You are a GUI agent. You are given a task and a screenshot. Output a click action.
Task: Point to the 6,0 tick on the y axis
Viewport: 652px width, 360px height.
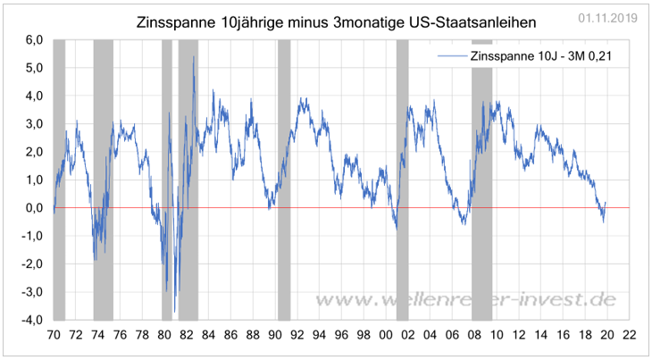pos(33,40)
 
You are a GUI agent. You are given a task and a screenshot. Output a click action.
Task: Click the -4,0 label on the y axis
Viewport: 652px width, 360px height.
pos(31,319)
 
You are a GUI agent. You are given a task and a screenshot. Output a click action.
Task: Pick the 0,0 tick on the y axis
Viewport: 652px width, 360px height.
pos(33,207)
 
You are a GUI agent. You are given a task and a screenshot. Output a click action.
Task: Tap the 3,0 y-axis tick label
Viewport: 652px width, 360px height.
pos(33,124)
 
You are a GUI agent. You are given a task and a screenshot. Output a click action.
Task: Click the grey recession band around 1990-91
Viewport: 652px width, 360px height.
pos(284,179)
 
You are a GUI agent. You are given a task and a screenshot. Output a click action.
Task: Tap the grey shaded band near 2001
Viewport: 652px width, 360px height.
pos(402,179)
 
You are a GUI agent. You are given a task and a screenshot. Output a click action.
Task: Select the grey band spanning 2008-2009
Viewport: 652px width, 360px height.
pos(481,179)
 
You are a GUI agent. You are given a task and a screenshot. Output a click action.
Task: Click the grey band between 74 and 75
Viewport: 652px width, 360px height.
pos(103,179)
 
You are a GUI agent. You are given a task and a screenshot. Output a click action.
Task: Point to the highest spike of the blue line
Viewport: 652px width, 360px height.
pos(194,58)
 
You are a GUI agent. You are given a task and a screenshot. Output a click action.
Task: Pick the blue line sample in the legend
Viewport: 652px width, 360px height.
pos(450,56)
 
